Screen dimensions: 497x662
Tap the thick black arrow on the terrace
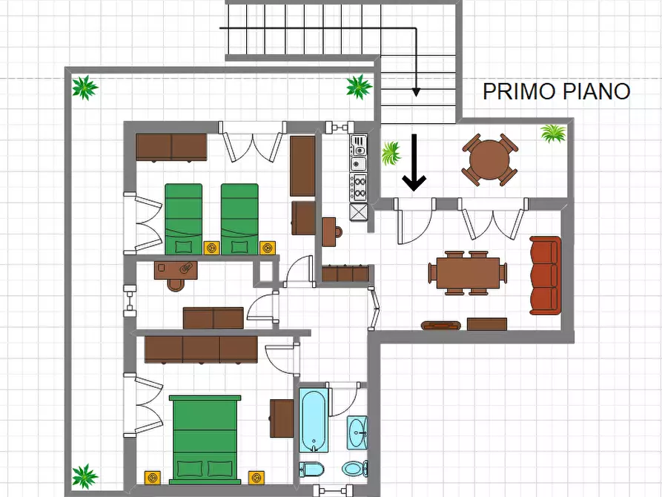pyautogui.click(x=414, y=162)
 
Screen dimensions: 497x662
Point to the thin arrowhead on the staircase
pyautogui.click(x=416, y=92)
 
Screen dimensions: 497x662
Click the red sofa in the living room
pyautogui.click(x=546, y=275)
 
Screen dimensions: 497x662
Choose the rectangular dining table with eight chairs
pyautogui.click(x=468, y=273)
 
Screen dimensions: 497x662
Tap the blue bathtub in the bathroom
pyautogui.click(x=314, y=420)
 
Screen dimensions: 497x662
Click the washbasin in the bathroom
pyautogui.click(x=357, y=431)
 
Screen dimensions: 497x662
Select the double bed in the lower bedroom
pyautogui.click(x=205, y=438)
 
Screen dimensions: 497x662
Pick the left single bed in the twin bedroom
pyautogui.click(x=183, y=219)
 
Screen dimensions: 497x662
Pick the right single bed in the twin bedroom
pyautogui.click(x=239, y=219)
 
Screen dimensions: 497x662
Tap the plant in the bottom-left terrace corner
pyautogui.click(x=85, y=475)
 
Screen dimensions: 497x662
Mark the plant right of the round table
pyautogui.click(x=553, y=134)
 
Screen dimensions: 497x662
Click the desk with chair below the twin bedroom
pyautogui.click(x=177, y=271)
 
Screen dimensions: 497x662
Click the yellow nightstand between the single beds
pyautogui.click(x=211, y=247)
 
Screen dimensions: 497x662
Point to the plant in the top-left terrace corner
pyautogui.click(x=85, y=88)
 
